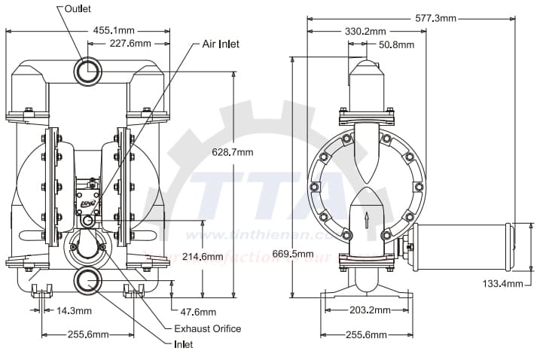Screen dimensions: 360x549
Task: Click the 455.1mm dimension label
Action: [x=114, y=30]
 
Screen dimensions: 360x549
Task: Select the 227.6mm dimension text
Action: [x=130, y=44]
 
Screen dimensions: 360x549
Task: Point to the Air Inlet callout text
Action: [x=220, y=44]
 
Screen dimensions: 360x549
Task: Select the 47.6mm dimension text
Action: [x=198, y=312]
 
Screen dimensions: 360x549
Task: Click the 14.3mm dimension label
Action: [x=74, y=310]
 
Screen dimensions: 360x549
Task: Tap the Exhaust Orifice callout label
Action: [x=208, y=328]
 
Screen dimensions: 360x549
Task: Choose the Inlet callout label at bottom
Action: [x=183, y=344]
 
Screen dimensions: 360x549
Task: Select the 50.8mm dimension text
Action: [x=397, y=44]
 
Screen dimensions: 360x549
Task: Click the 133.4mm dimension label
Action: [x=502, y=283]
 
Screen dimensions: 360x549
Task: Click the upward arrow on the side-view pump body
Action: [x=368, y=219]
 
